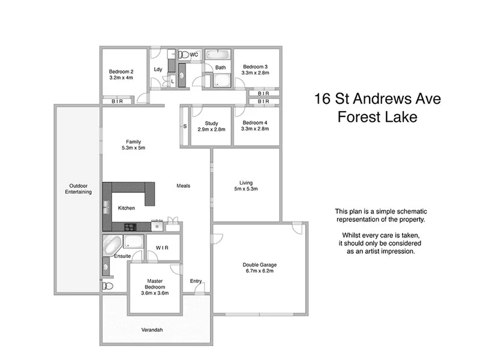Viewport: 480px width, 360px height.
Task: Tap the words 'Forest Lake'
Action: (x=377, y=118)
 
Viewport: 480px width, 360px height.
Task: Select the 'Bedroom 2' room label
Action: (x=121, y=71)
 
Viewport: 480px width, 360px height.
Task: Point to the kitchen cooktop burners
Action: (x=130, y=226)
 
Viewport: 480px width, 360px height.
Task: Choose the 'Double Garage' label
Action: (x=259, y=265)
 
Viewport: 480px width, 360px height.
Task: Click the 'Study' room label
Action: (x=211, y=123)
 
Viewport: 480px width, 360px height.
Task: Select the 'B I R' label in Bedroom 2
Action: (x=117, y=101)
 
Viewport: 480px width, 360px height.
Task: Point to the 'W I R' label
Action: (x=162, y=247)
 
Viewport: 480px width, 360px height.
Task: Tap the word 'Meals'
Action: (x=183, y=186)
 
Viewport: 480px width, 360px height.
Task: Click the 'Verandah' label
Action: (x=152, y=330)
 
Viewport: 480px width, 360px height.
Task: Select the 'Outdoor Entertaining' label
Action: (x=79, y=188)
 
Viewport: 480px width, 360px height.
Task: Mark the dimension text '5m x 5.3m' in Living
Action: (x=246, y=189)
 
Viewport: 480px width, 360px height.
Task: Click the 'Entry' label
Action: (x=196, y=281)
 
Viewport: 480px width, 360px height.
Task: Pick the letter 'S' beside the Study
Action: (x=185, y=126)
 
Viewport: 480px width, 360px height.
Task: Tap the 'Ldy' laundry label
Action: (x=158, y=69)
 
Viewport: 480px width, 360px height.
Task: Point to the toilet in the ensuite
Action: (x=108, y=286)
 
